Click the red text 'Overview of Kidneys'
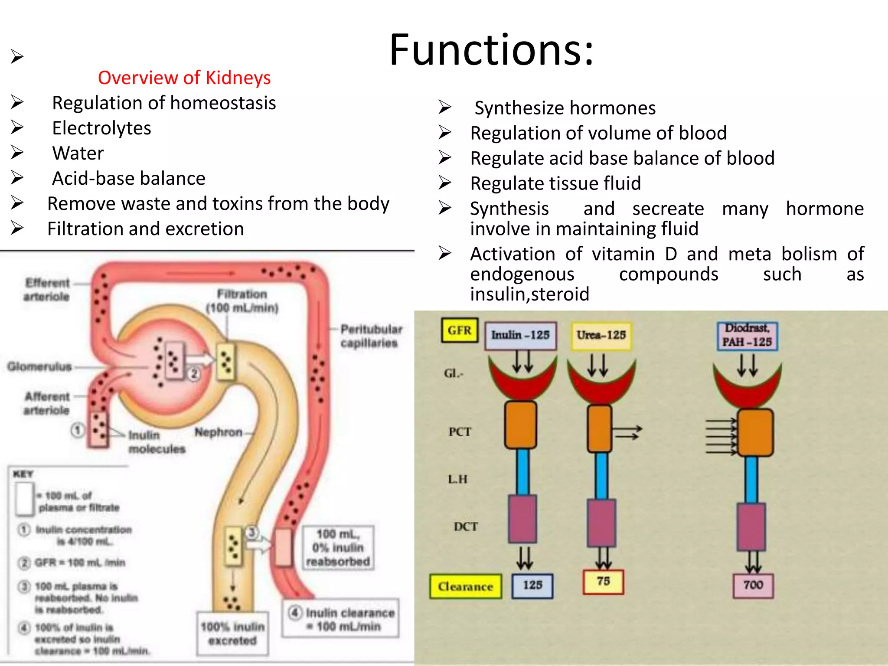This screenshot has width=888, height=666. click(x=184, y=78)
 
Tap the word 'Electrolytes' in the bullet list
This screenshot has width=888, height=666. click(x=101, y=128)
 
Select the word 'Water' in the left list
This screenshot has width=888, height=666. click(x=78, y=153)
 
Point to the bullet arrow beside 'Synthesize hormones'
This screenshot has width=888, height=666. click(x=445, y=107)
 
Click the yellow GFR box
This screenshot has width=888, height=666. click(x=460, y=331)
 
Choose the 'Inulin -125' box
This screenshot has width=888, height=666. click(x=520, y=335)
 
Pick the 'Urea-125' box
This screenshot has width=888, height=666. click(x=601, y=335)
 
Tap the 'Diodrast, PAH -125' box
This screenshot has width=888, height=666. click(x=747, y=336)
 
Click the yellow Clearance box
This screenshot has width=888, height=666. click(x=465, y=587)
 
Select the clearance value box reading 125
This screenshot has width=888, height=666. click(x=532, y=586)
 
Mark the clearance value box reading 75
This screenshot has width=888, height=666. click(x=603, y=582)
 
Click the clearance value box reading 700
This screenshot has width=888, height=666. click(x=753, y=586)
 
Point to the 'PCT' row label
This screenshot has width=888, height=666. click(x=460, y=432)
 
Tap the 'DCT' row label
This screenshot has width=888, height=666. click(x=466, y=527)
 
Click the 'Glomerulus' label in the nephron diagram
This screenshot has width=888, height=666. click(x=39, y=367)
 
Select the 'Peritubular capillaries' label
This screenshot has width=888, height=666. click(x=371, y=336)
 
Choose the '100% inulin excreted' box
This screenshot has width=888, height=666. click(x=232, y=633)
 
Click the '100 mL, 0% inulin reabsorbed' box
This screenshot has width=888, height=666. click(x=338, y=548)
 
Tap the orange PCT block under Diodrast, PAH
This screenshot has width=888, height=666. click(x=755, y=433)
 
